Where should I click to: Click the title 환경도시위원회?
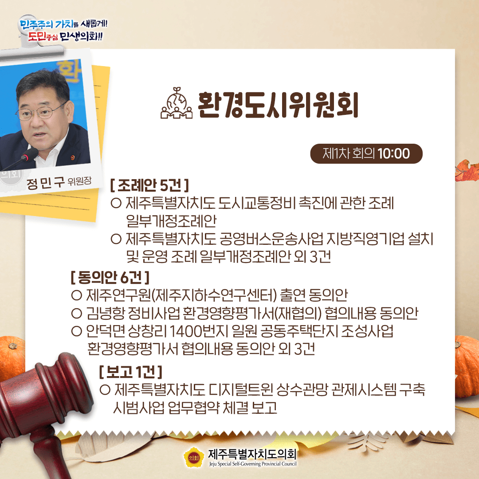[x=278, y=105]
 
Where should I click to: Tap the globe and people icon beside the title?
[x=177, y=103]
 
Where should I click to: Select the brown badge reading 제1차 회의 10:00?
[x=366, y=153]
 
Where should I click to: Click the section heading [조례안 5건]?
[x=149, y=185]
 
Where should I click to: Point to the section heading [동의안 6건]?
[x=110, y=277]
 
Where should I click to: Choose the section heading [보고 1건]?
[x=130, y=372]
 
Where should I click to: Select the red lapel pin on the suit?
[x=72, y=157]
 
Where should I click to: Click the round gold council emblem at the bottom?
[x=194, y=457]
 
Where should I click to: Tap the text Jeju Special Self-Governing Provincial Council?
[x=253, y=464]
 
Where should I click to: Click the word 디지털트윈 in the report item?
[x=241, y=389]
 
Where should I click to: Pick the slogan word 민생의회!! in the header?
[x=81, y=36]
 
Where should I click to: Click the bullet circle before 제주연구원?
[x=76, y=295]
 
